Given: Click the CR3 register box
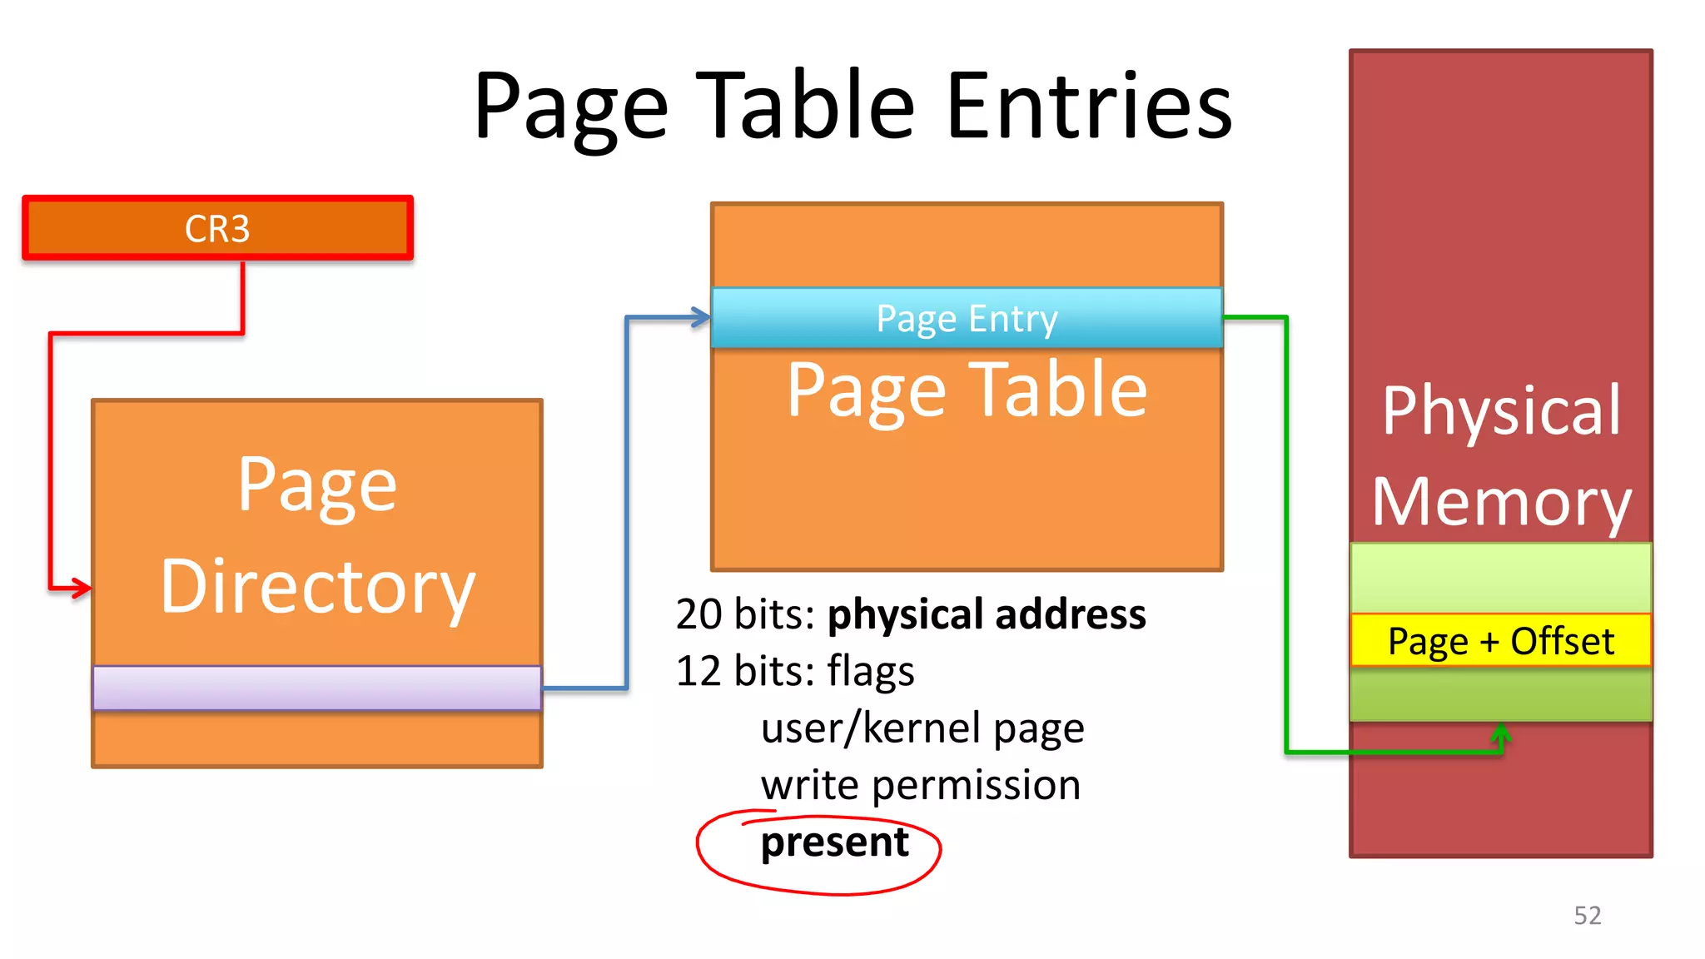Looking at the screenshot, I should [x=217, y=228].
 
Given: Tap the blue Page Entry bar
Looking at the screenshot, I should [x=967, y=318].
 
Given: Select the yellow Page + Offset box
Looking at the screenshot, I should [x=1500, y=641].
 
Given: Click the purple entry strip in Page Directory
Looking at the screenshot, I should [x=316, y=688].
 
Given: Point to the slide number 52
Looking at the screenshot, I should [x=1587, y=915].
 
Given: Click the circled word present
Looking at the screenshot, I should [x=834, y=842].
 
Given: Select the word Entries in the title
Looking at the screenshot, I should [x=1089, y=107].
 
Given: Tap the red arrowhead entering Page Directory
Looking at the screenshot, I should [x=82, y=588].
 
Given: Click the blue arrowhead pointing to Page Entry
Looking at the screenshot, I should [x=701, y=317].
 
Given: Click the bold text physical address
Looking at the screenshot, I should [x=987, y=614].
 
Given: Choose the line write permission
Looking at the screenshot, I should [x=920, y=785].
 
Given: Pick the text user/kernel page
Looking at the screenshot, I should [x=922, y=728].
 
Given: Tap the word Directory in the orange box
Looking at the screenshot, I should [x=317, y=588].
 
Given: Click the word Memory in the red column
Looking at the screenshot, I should [x=1501, y=502].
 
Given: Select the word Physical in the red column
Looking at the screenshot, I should [x=1501, y=410].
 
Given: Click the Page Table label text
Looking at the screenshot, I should [x=967, y=390].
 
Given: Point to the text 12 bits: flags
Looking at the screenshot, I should [x=794, y=671].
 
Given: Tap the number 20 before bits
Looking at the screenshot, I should [x=698, y=614].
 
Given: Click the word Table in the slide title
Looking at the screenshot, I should [x=805, y=107].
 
